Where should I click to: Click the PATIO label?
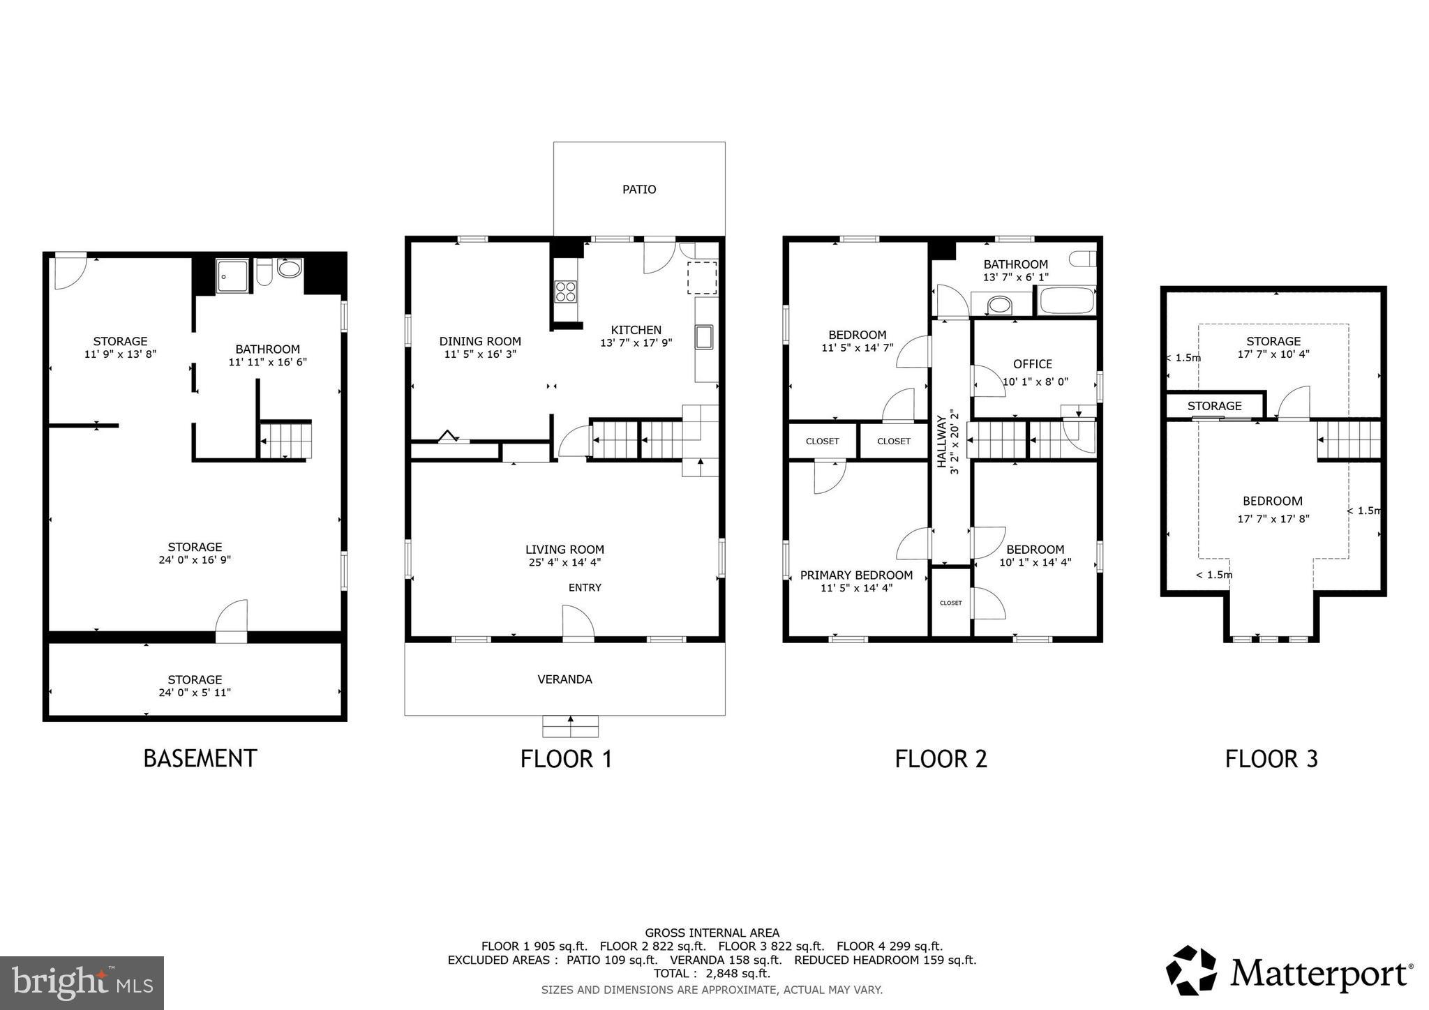[638, 189]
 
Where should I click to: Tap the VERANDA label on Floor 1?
[564, 679]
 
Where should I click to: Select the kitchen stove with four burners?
[565, 291]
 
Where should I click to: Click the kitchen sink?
[703, 337]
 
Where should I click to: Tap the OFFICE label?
[1032, 363]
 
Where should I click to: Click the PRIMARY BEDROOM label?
[856, 575]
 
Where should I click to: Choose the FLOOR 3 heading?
[1271, 759]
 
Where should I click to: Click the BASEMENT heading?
[200, 758]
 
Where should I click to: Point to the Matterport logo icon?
[1192, 970]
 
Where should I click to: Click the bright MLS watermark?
[82, 983]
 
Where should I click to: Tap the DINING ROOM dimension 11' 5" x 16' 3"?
[480, 354]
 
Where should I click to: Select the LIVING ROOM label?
[564, 549]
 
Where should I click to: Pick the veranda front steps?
[570, 726]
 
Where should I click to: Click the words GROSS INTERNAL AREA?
[712, 933]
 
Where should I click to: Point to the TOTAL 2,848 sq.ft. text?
[712, 973]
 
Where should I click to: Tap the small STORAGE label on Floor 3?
[1214, 405]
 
